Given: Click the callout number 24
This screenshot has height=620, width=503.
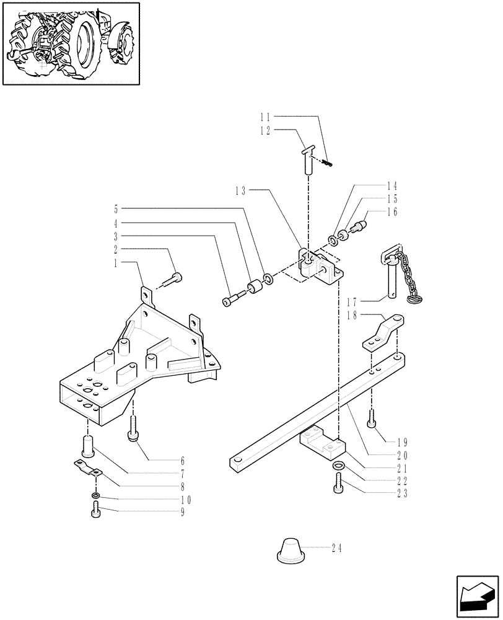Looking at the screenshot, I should click(336, 548).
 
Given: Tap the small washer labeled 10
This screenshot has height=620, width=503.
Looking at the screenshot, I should click(94, 496).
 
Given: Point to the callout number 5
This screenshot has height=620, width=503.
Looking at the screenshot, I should click(116, 210).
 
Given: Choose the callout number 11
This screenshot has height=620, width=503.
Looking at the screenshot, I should click(266, 116).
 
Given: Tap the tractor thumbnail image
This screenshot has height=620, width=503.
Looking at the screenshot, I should click(70, 43).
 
